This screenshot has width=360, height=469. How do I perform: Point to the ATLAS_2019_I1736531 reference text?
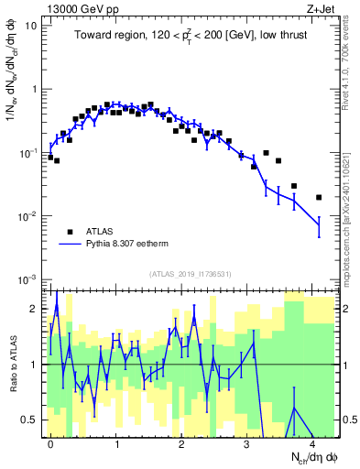pyautogui.click(x=189, y=273)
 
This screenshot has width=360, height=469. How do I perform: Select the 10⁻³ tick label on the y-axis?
pyautogui.click(x=29, y=278)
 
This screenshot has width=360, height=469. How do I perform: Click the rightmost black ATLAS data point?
pyautogui.click(x=319, y=197)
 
